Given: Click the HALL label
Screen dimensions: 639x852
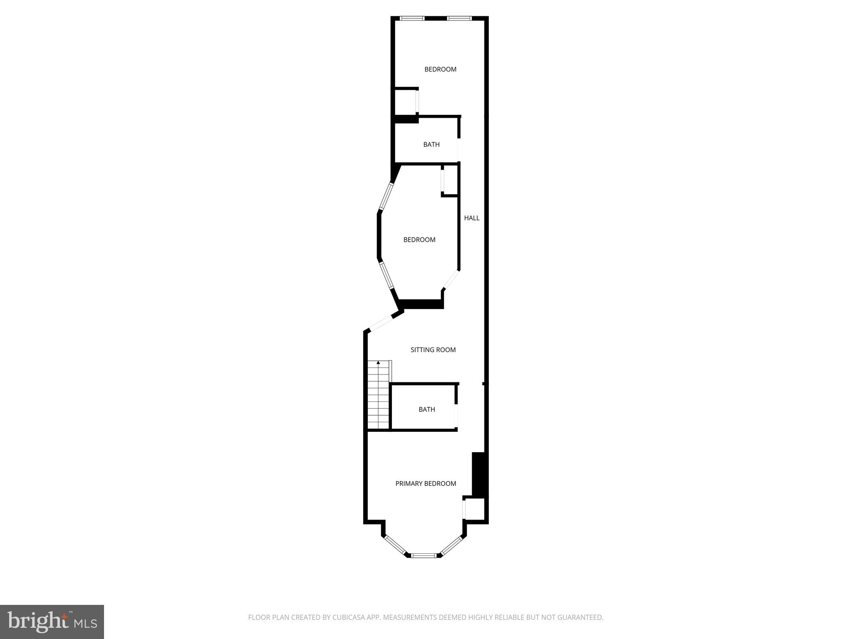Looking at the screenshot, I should pos(472,218).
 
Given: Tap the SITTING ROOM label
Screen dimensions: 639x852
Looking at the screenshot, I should pos(433,350).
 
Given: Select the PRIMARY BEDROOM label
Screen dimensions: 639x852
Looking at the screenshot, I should pos(426,483).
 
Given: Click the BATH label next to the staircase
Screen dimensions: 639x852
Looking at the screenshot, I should pos(427,409).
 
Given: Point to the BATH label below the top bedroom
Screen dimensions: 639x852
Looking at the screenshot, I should pos(431,145).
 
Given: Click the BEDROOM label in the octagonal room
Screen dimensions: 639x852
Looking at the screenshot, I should pos(419,240).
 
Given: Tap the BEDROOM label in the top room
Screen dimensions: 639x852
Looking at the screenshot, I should pos(440,69).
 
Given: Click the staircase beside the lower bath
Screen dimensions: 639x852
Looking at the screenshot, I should pos(378,395).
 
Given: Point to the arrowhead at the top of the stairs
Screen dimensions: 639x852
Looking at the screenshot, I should pos(378,363).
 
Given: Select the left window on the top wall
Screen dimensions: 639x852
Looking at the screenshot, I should pos(412,18).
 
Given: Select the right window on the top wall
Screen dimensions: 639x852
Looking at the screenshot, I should pos(459,18).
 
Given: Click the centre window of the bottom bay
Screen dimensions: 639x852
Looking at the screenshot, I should pos(424,555).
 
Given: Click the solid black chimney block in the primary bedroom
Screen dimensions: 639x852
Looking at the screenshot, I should pos(479,474).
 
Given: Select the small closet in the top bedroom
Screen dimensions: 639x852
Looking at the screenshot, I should pos(405,101).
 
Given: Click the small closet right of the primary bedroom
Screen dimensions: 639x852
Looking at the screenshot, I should pos(475,508).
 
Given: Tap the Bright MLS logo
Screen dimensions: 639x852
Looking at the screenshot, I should pos(52,622).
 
